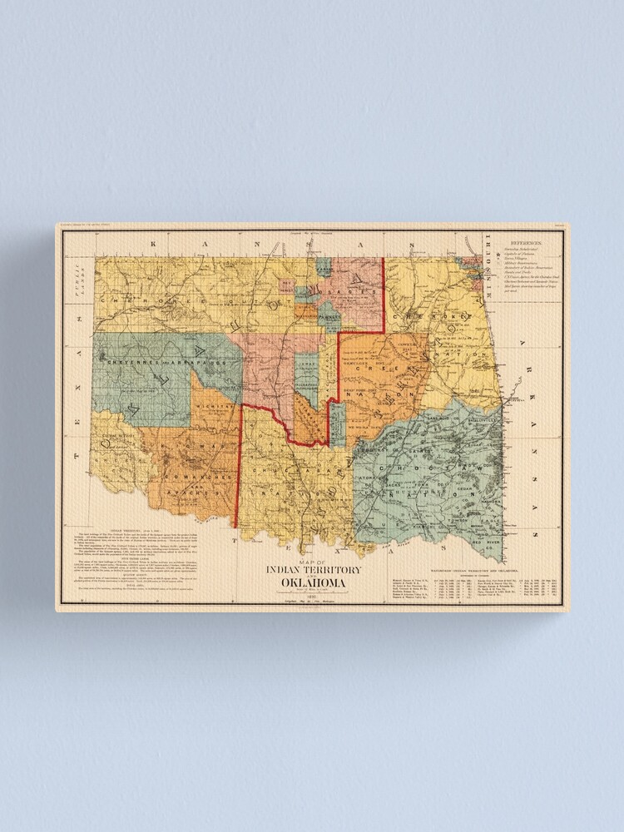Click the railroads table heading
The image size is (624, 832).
click(x=475, y=570)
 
